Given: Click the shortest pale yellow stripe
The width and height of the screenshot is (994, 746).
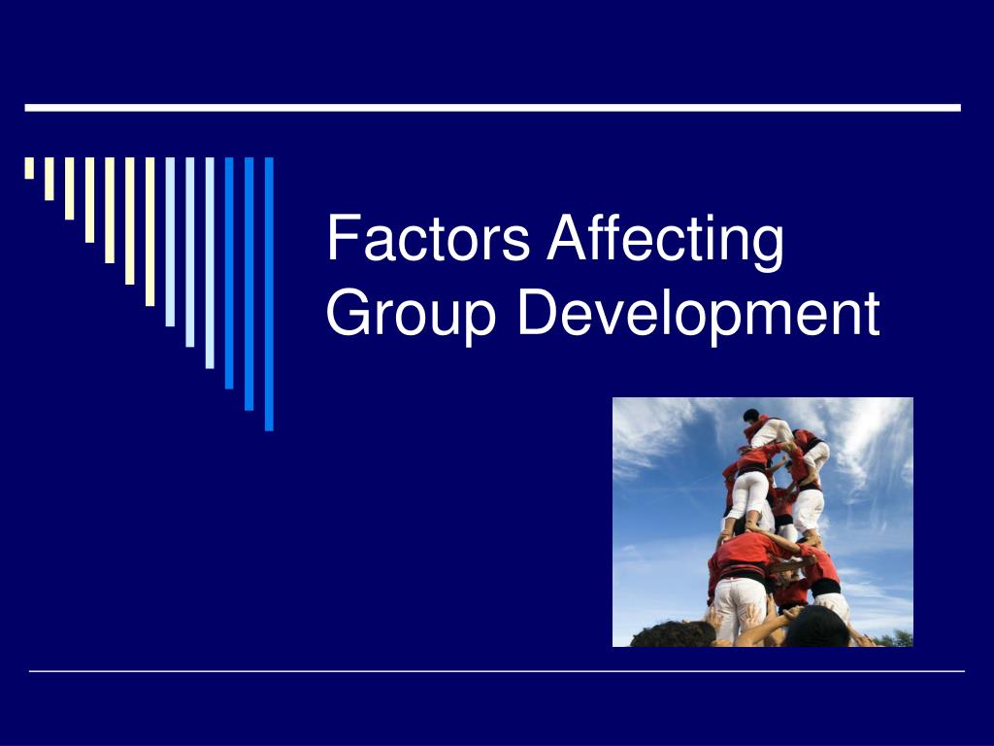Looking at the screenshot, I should point(30,168).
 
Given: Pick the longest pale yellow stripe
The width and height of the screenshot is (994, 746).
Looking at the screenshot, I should point(149,231).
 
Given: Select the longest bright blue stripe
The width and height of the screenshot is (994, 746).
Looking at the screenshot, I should point(269,293).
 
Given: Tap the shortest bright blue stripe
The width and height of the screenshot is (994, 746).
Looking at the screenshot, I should point(229,272).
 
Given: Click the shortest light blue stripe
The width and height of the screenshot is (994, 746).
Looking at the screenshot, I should point(170,242).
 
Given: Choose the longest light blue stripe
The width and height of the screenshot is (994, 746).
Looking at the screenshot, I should point(210,262).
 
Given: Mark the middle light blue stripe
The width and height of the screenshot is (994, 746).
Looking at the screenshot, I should point(189,252).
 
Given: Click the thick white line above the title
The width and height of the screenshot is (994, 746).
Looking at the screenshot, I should point(492,107).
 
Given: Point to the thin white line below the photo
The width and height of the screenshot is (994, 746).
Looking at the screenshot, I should point(496,670).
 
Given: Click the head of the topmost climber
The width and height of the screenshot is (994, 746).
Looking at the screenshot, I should point(751,416).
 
